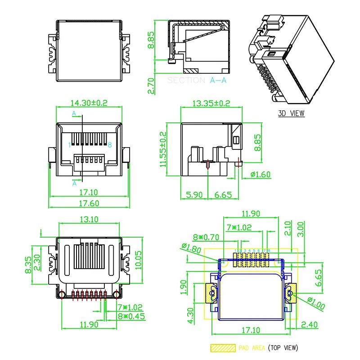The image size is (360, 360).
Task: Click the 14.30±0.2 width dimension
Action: (89, 103)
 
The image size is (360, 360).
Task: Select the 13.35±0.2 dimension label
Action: (211, 103)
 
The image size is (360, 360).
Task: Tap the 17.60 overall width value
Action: (89, 203)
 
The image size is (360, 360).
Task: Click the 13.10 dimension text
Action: (89, 219)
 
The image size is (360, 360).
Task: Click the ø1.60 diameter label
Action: (261, 174)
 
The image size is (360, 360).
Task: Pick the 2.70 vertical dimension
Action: (151, 86)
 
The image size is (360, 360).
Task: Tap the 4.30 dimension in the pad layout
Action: (191, 315)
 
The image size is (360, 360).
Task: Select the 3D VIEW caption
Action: (291, 113)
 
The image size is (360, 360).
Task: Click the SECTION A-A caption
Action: (197, 81)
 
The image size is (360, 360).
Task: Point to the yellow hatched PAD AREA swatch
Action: (223, 348)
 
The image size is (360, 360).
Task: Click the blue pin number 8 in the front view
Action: (109, 144)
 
